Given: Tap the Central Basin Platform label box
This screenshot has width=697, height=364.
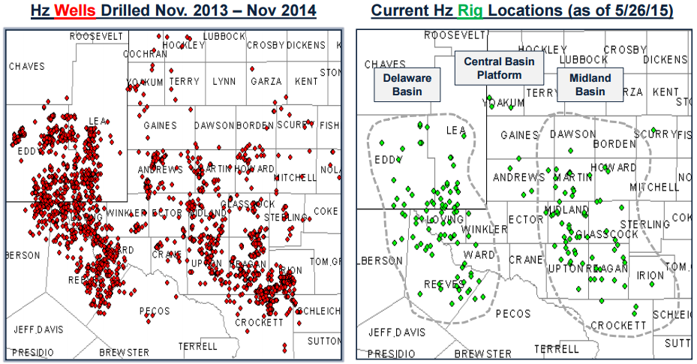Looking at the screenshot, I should (x=499, y=68).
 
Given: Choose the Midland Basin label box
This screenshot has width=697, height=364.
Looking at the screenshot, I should (x=590, y=85).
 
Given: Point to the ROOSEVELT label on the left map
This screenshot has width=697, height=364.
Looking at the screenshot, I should (x=96, y=36).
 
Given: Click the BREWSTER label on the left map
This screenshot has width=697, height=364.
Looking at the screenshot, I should (x=123, y=352).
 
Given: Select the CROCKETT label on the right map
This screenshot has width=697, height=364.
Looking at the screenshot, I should (x=619, y=325).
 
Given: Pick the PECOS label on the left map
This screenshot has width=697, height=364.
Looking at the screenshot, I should (x=155, y=311).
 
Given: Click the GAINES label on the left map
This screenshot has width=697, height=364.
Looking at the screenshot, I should (x=160, y=125).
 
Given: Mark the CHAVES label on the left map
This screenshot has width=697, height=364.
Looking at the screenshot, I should (x=27, y=67).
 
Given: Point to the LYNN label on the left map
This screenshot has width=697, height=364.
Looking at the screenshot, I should (x=224, y=81).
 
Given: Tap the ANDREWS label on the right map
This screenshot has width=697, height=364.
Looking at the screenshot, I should (x=518, y=177).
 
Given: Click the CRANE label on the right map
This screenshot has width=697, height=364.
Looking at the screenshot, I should (x=525, y=260).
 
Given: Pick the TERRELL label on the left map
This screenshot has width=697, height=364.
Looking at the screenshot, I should (x=198, y=347).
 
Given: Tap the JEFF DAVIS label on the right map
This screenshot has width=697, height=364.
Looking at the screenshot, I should (x=395, y=332).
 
